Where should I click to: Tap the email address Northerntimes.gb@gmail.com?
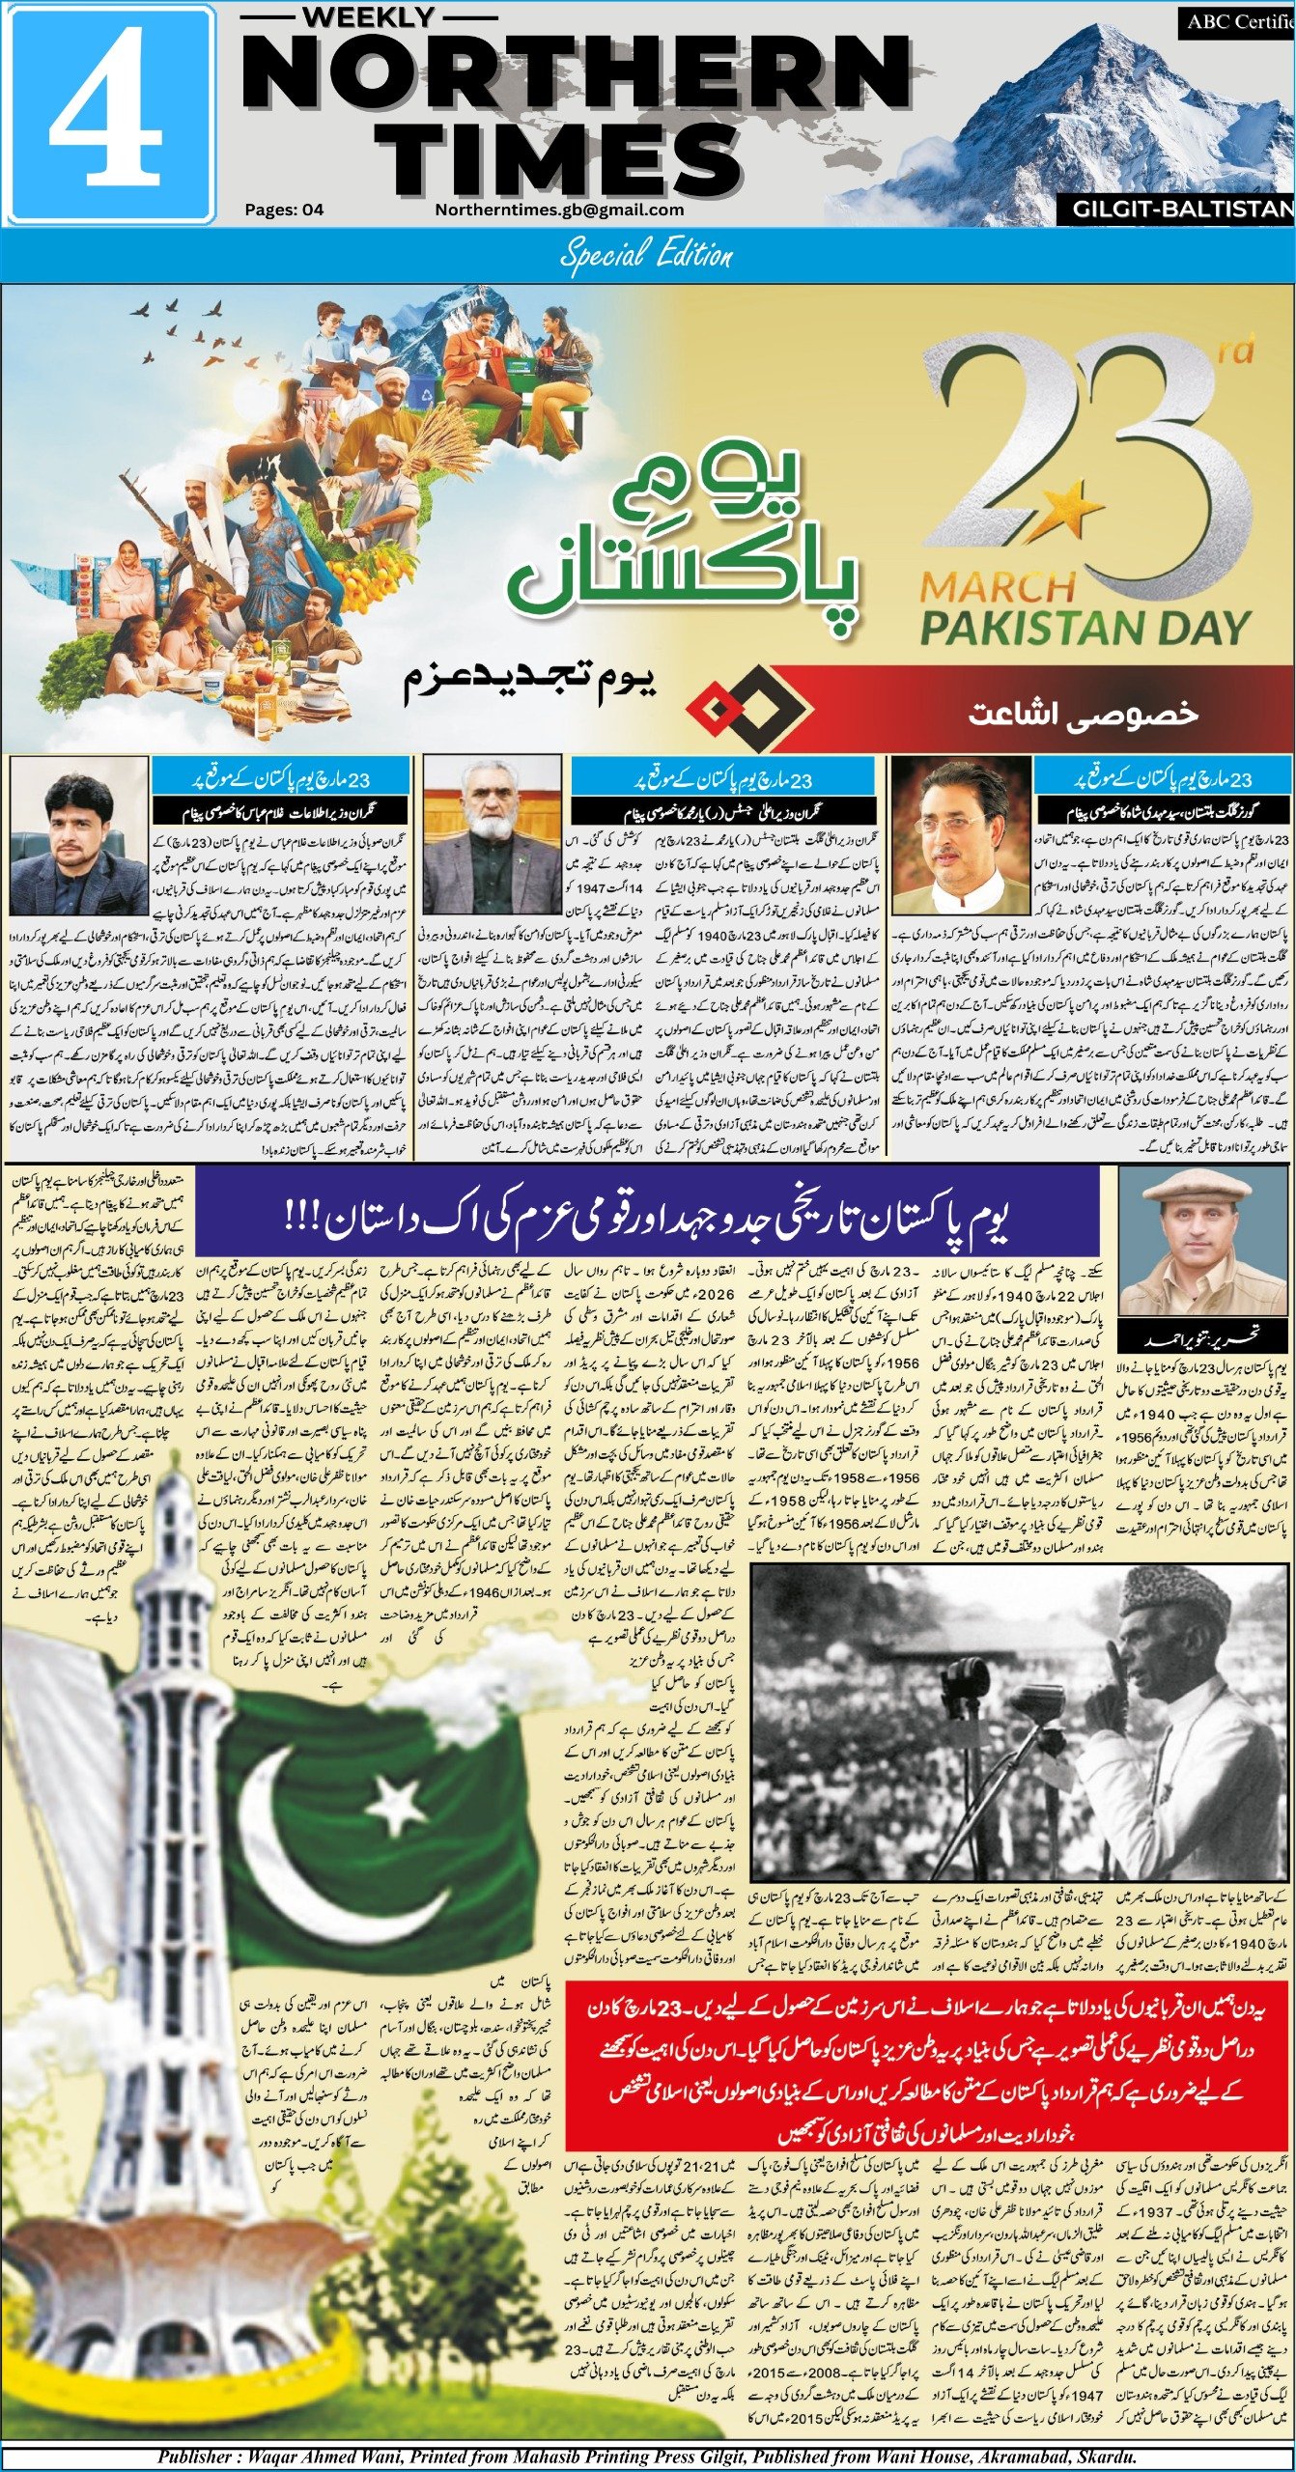559,210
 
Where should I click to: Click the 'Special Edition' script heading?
646,256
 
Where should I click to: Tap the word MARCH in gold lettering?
998,586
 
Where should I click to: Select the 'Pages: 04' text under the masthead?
284,210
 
